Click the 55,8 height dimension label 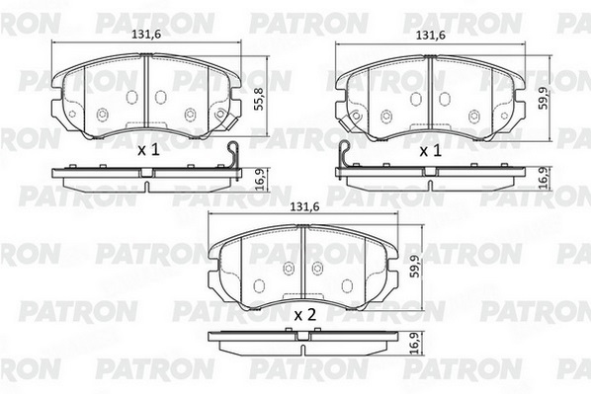(x=259, y=99)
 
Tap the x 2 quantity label (x=305, y=315)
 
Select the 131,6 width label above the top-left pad (x=146, y=35)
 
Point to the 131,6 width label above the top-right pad (x=431, y=36)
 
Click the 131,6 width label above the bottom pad (x=304, y=206)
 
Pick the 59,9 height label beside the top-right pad (x=543, y=99)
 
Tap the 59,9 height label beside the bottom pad (x=415, y=267)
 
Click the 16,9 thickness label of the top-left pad (x=260, y=180)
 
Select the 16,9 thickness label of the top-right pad (x=544, y=178)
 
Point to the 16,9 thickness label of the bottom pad (x=415, y=343)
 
